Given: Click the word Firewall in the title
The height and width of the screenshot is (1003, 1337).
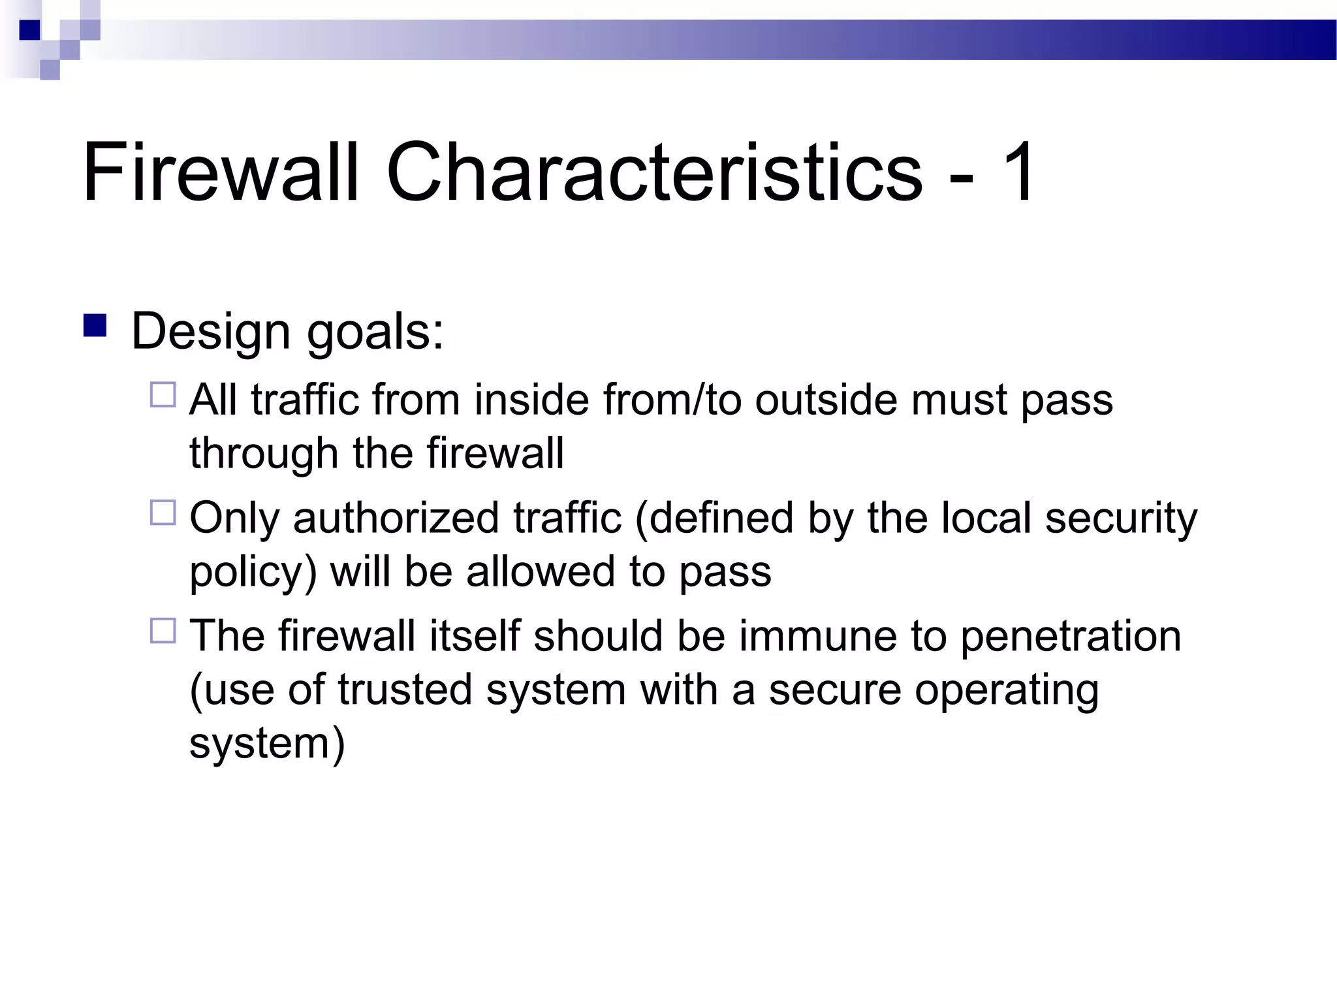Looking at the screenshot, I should pyautogui.click(x=221, y=172).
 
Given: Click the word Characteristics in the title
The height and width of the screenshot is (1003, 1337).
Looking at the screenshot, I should pyautogui.click(x=654, y=172).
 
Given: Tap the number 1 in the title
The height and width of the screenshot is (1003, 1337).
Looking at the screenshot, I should pyautogui.click(x=1016, y=172).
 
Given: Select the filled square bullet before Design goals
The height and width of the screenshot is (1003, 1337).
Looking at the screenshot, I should pyautogui.click(x=95, y=326).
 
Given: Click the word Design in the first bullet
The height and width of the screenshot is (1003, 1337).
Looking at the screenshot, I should pyautogui.click(x=210, y=332).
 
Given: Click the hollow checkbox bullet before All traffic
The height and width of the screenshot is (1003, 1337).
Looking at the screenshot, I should pyautogui.click(x=163, y=395).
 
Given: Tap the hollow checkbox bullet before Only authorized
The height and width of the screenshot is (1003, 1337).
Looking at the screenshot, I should pyautogui.click(x=163, y=513).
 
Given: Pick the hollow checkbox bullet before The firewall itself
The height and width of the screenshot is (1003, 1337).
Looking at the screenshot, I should pyautogui.click(x=163, y=631).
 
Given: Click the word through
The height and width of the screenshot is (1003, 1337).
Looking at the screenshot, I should pyautogui.click(x=264, y=454).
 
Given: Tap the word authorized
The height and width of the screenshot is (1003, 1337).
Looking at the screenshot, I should pyautogui.click(x=396, y=518).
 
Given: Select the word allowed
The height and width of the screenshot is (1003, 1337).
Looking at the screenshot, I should pyautogui.click(x=541, y=571).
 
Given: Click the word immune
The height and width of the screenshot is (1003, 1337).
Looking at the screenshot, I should pyautogui.click(x=818, y=636).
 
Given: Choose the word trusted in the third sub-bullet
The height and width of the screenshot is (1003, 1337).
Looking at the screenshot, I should pyautogui.click(x=405, y=690).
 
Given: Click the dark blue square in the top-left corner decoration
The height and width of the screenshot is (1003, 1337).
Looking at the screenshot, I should pyautogui.click(x=29, y=30).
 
